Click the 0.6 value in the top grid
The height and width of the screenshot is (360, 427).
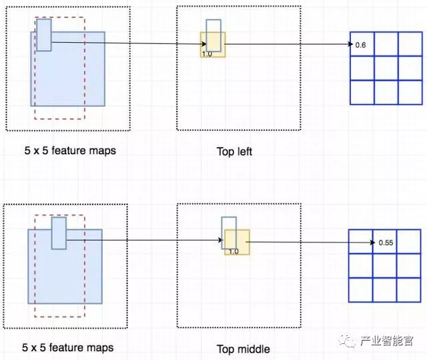coord(361,45)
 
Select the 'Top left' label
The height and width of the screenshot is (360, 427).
coord(234,152)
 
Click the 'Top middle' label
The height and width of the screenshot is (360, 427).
coord(243,349)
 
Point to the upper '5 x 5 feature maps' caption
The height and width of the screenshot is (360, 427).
coord(69,150)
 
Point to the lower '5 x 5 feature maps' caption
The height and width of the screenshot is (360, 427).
coord(67,347)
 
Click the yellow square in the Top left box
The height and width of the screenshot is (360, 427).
coord(213,44)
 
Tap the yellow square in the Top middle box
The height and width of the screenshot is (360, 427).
coord(237,241)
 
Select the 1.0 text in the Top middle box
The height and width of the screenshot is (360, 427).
coord(233,251)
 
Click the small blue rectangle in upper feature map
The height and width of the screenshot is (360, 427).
coord(44,35)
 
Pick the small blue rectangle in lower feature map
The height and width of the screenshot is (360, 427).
coord(59,233)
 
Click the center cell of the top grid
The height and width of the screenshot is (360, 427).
coord(386,68)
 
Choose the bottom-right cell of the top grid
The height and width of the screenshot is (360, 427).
coord(410,92)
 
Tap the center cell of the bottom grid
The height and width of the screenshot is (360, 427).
coord(385,265)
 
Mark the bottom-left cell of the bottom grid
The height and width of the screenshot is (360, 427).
coord(361,289)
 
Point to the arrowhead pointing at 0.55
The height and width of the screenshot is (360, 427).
coord(370,242)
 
